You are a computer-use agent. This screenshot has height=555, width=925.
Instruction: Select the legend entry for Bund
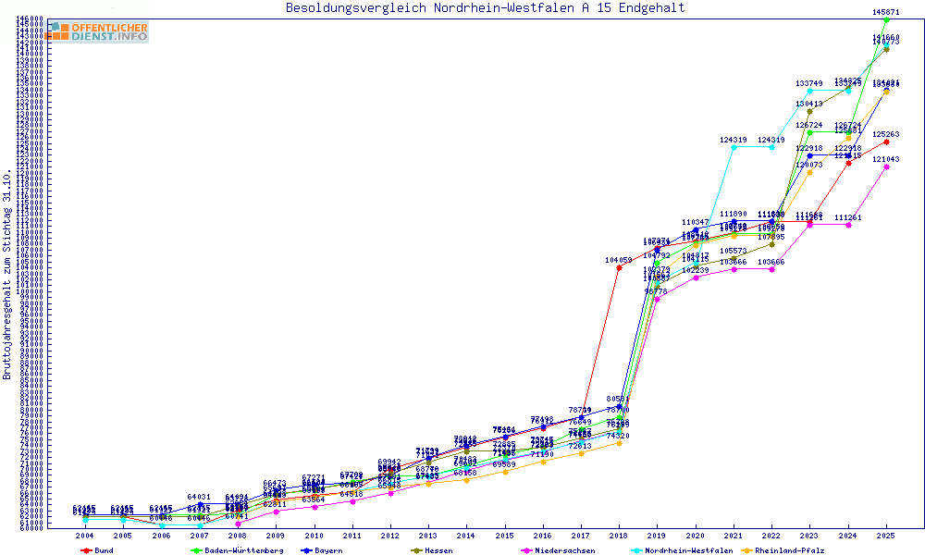click(x=97, y=550)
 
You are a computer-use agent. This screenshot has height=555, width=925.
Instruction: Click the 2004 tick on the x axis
click(x=84, y=536)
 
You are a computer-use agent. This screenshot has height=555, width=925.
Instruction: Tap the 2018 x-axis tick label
click(x=619, y=536)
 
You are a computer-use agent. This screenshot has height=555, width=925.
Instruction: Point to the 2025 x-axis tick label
click(x=886, y=536)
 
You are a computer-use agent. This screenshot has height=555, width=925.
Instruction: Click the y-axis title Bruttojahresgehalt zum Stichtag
click(x=7, y=275)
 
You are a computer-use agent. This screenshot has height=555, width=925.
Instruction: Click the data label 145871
click(x=886, y=12)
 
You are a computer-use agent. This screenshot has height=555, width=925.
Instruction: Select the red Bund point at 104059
click(x=619, y=268)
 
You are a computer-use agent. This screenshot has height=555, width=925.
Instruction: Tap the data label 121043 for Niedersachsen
click(x=886, y=159)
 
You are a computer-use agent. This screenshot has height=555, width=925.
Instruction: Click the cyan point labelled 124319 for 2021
click(x=734, y=147)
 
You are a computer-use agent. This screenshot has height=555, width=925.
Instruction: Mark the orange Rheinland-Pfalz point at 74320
click(x=619, y=443)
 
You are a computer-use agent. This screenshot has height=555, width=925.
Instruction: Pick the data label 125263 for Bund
click(x=886, y=134)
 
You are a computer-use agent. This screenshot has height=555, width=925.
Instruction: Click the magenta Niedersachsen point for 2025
click(x=886, y=167)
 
